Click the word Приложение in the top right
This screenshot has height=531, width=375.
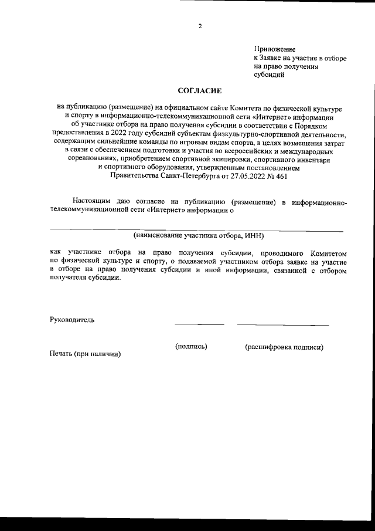(274, 49)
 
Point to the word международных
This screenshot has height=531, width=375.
(305, 150)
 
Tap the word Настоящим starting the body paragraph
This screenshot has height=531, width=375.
(92, 202)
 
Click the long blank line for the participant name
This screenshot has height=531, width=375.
(196, 230)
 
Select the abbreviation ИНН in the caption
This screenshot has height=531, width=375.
(253, 236)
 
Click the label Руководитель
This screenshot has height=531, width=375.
(71, 320)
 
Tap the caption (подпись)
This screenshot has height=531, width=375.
(191, 347)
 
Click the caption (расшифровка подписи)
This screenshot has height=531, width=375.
(284, 347)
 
